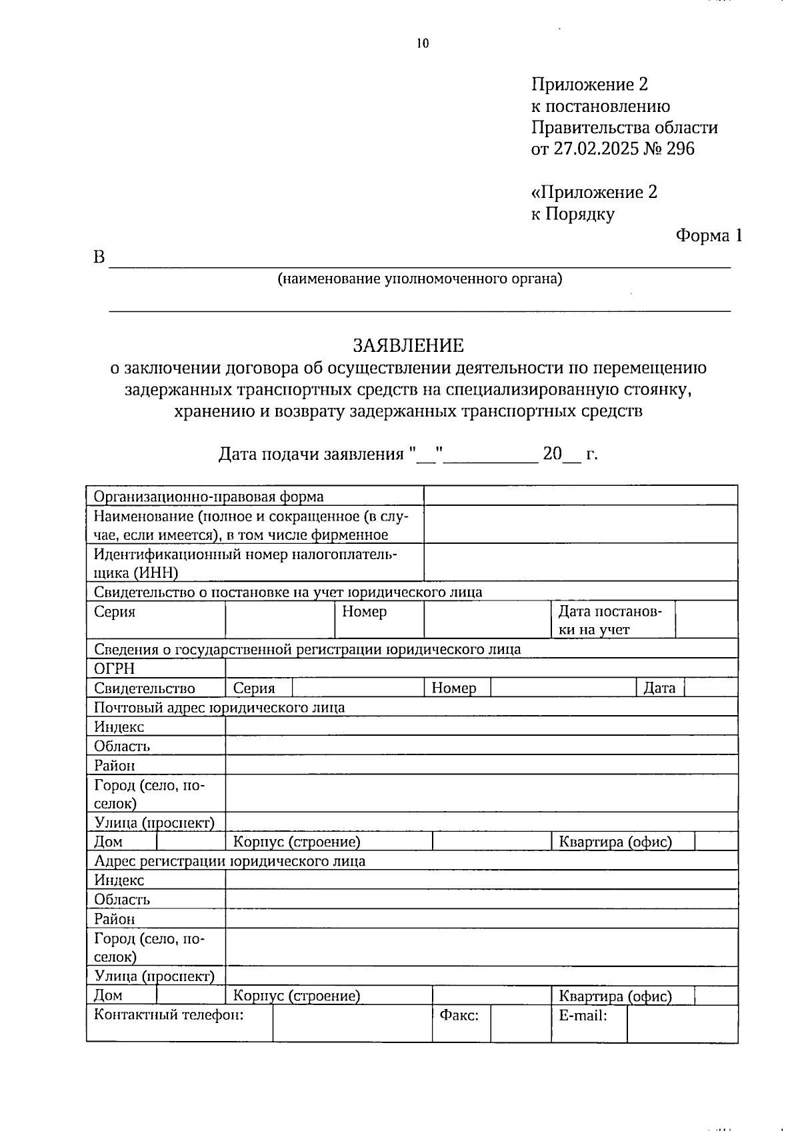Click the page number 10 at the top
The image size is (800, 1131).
click(423, 44)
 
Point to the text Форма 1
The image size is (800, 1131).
click(709, 235)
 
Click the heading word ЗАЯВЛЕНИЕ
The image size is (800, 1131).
click(408, 345)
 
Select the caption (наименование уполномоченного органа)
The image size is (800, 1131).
click(420, 279)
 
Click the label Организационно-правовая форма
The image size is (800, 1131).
click(209, 497)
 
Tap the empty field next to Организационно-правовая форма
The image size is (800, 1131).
click(580, 496)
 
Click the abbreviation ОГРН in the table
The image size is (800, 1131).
click(115, 668)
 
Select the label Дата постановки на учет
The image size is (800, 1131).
click(610, 620)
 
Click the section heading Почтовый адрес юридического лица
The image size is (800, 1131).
click(219, 707)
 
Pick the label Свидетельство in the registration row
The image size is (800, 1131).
click(145, 688)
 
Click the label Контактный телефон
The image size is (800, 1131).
click(169, 1015)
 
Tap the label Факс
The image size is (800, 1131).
click(459, 1016)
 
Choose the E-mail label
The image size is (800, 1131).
click(583, 1016)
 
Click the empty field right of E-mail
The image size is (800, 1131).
click(682, 1024)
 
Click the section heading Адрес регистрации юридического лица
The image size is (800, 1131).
click(229, 861)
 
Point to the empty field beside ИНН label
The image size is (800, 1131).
click(580, 563)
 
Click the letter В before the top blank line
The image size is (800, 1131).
click(99, 258)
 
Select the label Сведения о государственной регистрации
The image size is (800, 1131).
click(307, 649)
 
